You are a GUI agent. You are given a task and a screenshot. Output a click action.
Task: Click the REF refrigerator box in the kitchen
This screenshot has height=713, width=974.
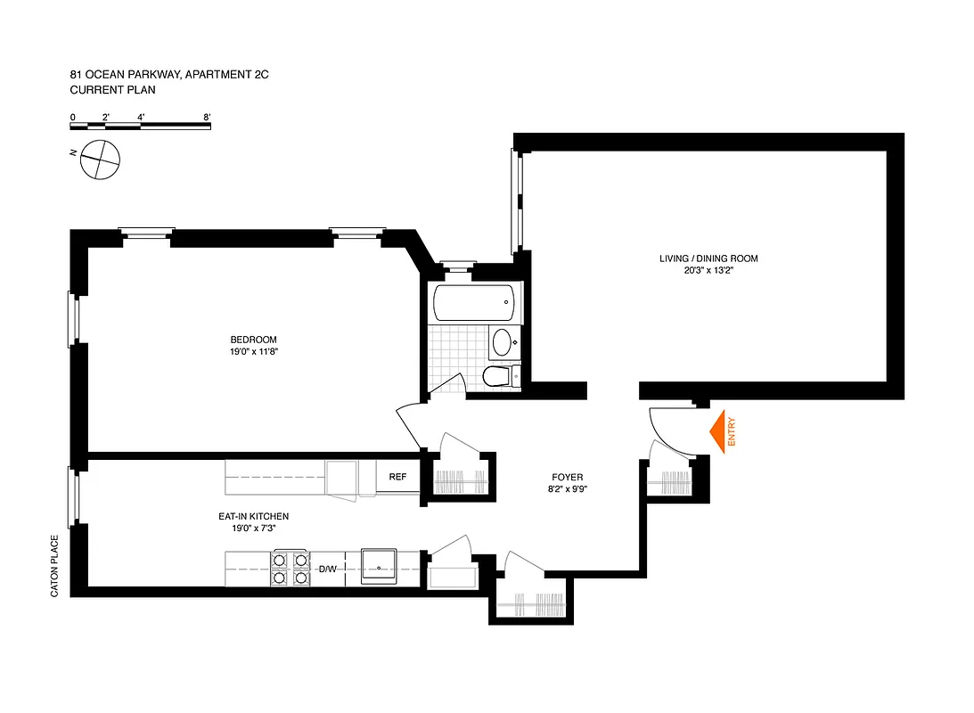(x=397, y=477)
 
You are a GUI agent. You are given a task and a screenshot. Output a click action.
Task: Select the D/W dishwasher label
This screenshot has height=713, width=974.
(x=327, y=569)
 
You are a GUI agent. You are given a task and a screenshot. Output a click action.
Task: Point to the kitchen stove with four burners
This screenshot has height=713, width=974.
(x=289, y=569)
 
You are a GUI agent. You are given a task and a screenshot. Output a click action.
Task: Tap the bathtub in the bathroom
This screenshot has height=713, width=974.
(x=473, y=303)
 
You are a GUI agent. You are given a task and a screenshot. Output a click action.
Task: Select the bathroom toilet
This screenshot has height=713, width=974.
(x=496, y=377)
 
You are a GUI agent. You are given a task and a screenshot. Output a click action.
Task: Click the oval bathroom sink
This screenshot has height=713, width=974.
(x=502, y=341)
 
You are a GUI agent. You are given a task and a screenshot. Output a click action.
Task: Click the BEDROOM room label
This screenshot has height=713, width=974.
(x=253, y=340)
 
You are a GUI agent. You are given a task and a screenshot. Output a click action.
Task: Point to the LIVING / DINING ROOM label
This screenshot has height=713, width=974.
(x=708, y=258)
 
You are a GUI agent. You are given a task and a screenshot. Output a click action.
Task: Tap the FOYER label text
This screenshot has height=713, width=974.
(x=567, y=478)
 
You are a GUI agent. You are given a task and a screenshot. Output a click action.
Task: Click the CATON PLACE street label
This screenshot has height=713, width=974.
(x=54, y=565)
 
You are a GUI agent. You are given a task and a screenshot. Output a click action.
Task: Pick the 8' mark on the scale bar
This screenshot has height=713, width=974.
(x=207, y=117)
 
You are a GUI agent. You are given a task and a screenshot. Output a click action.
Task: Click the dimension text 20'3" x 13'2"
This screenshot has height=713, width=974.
(x=708, y=271)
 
